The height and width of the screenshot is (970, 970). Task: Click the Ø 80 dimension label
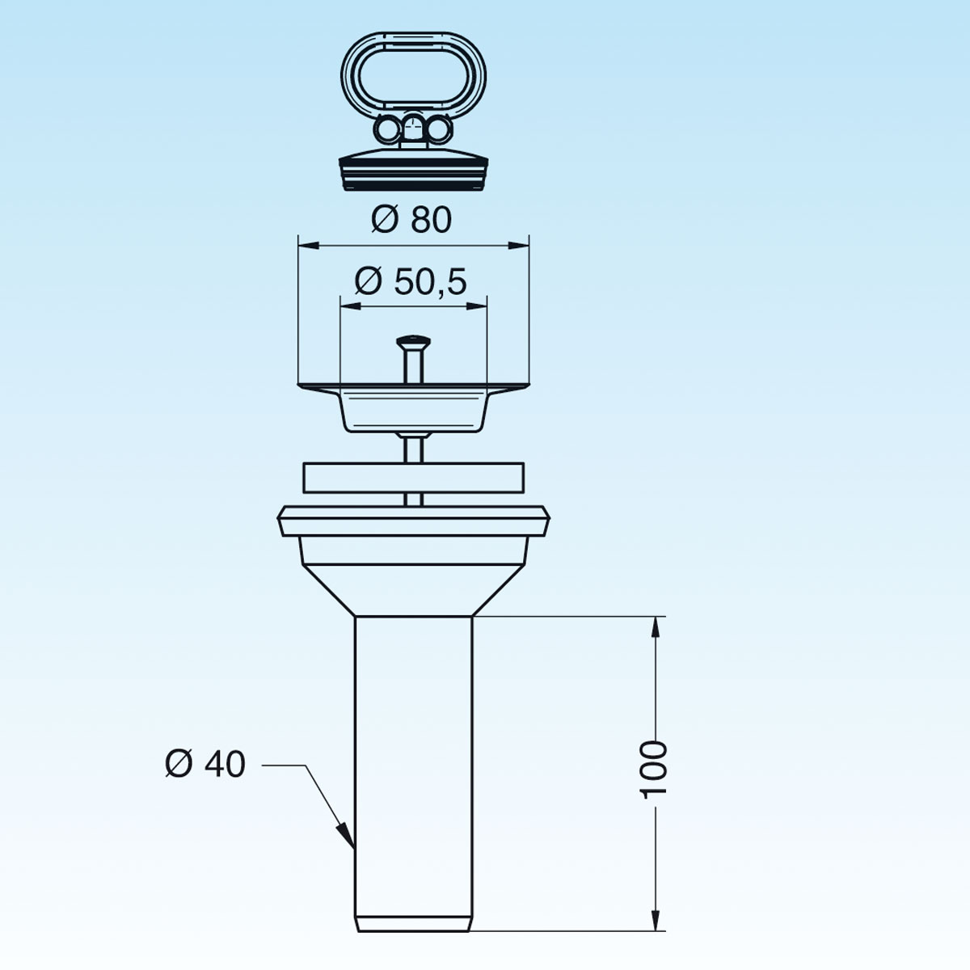coord(411,220)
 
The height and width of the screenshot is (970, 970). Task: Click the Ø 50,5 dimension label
coord(411,281)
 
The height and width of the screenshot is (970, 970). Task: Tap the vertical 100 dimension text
coord(653,770)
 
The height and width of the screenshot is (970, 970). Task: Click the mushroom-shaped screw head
coord(413,342)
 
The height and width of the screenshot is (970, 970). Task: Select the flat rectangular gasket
coord(413,477)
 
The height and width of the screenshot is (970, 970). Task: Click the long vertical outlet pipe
coord(413,770)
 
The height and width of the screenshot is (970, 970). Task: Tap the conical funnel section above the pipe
coord(413,590)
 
